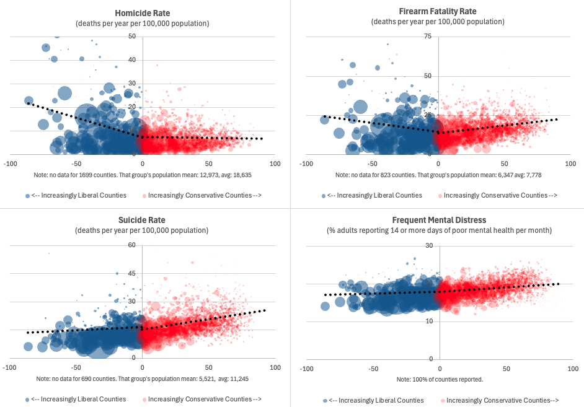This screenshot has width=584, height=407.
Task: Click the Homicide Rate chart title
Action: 142,13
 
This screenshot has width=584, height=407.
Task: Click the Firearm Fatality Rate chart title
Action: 438,11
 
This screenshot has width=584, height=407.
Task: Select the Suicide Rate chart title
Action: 142,220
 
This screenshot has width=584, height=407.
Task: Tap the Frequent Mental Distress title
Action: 439,220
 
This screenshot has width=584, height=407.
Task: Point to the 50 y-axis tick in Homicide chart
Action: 132,37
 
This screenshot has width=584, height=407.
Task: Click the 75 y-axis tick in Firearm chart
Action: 427,37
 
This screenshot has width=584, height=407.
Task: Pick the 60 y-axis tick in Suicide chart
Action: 132,245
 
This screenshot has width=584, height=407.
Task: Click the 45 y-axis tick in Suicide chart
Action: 132,273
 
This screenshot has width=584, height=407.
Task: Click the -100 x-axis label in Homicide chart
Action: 10,164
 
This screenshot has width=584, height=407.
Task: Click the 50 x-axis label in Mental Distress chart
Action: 506,369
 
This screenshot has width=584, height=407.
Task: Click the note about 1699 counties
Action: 143,175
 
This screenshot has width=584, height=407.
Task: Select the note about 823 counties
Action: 438,175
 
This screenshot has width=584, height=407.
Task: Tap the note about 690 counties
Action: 143,379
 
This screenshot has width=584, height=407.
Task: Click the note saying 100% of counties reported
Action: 439,379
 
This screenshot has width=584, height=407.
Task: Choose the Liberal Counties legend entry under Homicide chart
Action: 78,195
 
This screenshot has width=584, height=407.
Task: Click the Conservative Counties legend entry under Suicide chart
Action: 201,399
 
